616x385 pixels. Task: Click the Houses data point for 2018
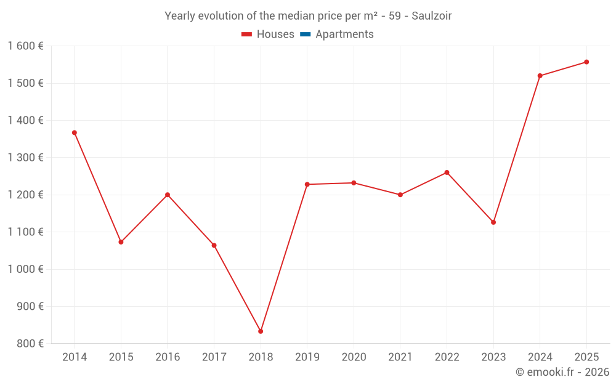[261, 331]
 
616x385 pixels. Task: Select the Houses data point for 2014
[75, 132]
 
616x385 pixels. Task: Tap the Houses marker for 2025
[586, 62]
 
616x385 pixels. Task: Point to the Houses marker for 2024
[540, 76]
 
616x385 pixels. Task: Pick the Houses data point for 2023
[493, 222]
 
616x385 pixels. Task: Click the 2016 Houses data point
[168, 195]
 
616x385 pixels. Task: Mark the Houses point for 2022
[447, 172]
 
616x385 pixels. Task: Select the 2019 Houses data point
[307, 184]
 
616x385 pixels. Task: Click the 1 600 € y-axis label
[25, 46]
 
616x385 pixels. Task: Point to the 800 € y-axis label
[30, 344]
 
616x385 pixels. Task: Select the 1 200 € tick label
[25, 195]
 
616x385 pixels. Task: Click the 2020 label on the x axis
[354, 357]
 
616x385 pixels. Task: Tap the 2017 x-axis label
[214, 357]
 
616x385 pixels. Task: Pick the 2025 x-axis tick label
[586, 357]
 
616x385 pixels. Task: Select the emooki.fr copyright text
[562, 372]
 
